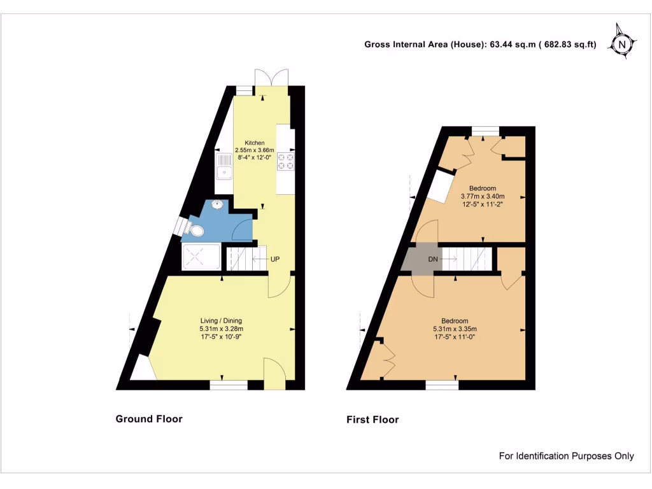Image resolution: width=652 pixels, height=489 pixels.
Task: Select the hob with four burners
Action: tap(286, 162)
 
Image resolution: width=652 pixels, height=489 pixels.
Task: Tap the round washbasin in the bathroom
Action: tap(218, 204)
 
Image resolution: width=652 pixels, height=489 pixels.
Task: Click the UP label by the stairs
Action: tap(275, 259)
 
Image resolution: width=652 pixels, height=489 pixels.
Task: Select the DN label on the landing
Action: tap(433, 259)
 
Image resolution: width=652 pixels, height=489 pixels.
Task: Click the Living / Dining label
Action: tap(221, 320)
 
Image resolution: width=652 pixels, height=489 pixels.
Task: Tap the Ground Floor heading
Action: tap(149, 419)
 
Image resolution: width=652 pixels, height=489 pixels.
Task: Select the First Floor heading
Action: tap(372, 420)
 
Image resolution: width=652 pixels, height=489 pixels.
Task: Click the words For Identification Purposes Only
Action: tap(566, 456)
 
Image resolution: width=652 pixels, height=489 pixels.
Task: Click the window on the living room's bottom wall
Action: tap(229, 384)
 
